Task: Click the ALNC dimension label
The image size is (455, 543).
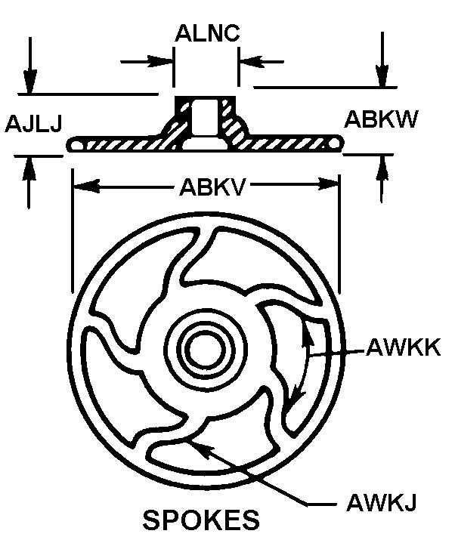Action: pos(207,33)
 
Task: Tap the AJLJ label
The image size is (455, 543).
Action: pos(33,124)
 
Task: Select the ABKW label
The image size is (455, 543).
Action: pos(381,119)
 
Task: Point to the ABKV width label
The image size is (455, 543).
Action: pos(212,187)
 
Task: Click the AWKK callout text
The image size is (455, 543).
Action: pos(403,347)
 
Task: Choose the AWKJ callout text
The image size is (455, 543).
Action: pos(381,502)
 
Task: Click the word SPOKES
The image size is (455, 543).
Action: pos(201,520)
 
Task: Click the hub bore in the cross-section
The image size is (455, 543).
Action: pos(205,116)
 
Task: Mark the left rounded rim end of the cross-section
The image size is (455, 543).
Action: pos(75,144)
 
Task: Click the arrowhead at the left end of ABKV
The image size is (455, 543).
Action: pos(87,186)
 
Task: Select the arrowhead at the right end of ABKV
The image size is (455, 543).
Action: pos(326,184)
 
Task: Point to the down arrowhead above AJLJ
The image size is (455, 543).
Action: pos(30,82)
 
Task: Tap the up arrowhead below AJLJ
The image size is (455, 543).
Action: pos(29,168)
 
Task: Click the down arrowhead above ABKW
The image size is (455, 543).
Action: pos(382,76)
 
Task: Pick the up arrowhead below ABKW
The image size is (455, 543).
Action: pos(382,167)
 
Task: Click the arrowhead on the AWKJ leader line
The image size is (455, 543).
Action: pos(201,448)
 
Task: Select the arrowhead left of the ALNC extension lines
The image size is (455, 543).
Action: pos(160,61)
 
